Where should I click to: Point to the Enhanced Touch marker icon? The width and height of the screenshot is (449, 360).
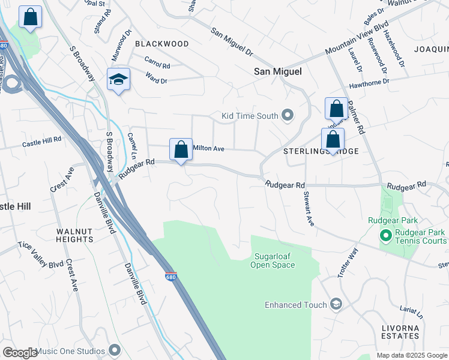[336, 305]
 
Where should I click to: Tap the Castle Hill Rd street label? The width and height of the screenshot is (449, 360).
[42, 142]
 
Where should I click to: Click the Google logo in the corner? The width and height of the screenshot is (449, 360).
[20, 352]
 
